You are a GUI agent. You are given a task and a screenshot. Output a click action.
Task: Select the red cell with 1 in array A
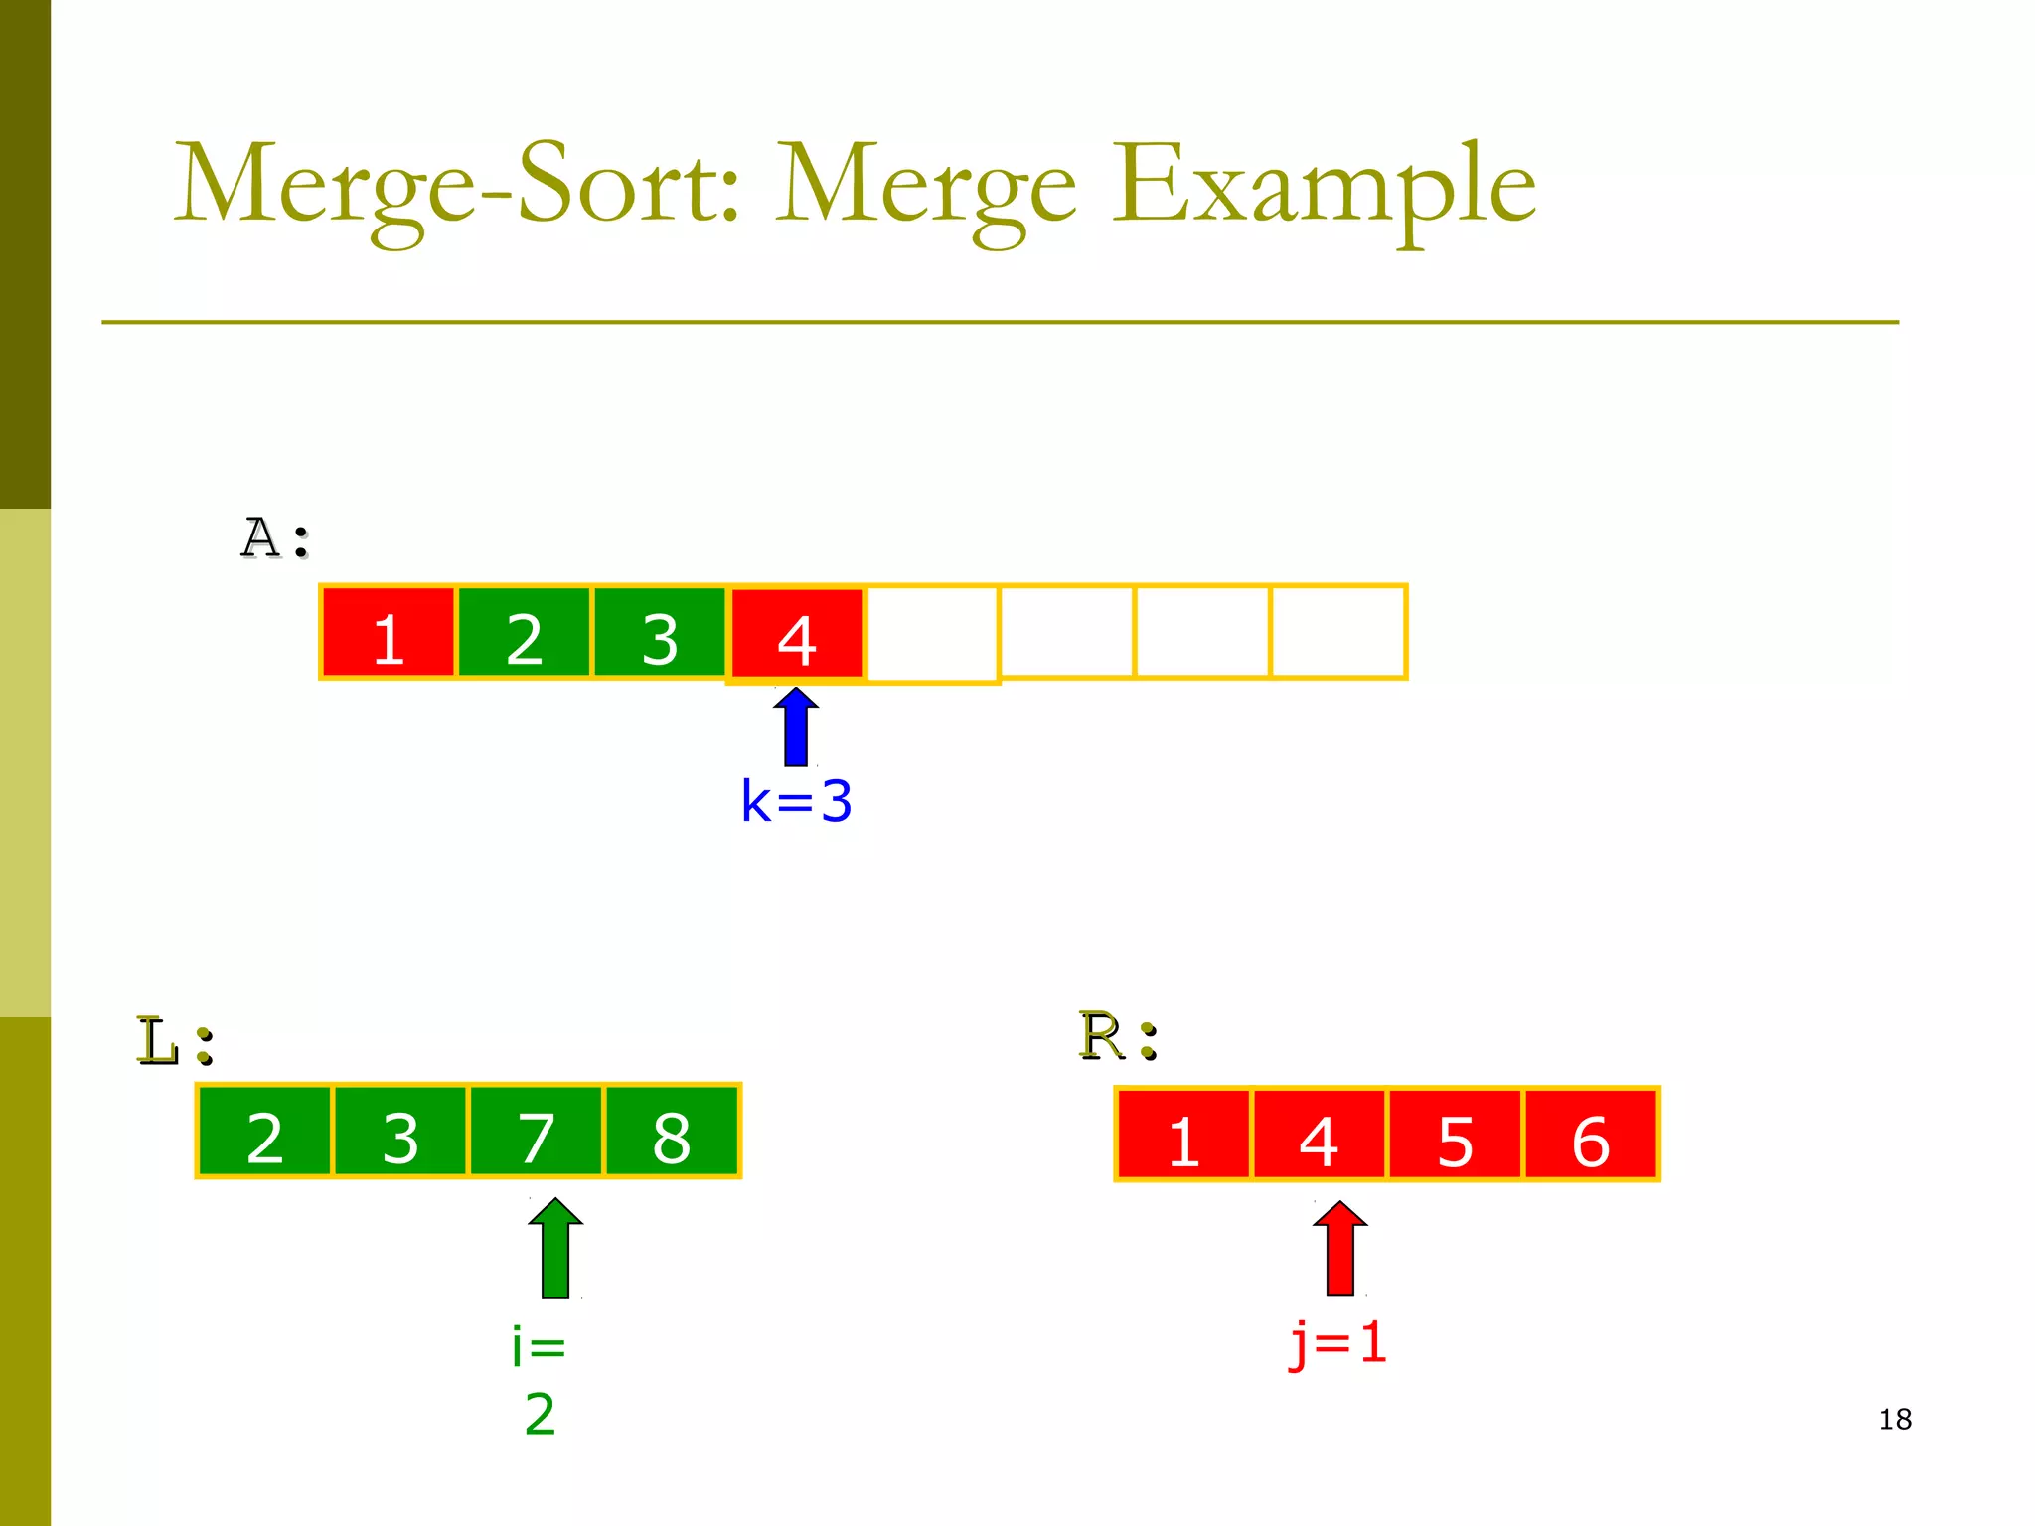[389, 633]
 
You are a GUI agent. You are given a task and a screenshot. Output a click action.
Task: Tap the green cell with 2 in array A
[524, 633]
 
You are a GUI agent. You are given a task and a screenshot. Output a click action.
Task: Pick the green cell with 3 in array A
[660, 633]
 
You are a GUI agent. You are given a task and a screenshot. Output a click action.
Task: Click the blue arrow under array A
[796, 727]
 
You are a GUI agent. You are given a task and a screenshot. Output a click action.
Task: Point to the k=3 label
[796, 801]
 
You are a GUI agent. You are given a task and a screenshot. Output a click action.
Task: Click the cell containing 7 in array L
[537, 1133]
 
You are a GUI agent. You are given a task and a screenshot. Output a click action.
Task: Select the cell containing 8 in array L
[672, 1133]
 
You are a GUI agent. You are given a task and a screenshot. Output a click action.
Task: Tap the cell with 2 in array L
[264, 1133]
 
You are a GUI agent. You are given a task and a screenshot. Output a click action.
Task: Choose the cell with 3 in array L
[400, 1133]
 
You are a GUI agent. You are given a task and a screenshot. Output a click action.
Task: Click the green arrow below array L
[555, 1249]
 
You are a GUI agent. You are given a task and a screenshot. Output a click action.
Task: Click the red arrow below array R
[1340, 1249]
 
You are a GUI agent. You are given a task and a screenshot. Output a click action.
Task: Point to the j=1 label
[1337, 1343]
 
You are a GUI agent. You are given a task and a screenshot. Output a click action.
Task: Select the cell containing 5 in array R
[1455, 1136]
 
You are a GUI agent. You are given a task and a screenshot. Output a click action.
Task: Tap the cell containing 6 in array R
[1591, 1136]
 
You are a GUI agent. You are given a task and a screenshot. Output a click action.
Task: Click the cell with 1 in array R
[1183, 1136]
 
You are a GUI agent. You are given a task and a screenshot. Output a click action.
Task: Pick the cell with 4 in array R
[1319, 1136]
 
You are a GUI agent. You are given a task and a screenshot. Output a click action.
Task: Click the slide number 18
[1895, 1419]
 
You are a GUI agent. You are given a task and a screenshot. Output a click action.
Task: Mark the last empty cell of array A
[1338, 632]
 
